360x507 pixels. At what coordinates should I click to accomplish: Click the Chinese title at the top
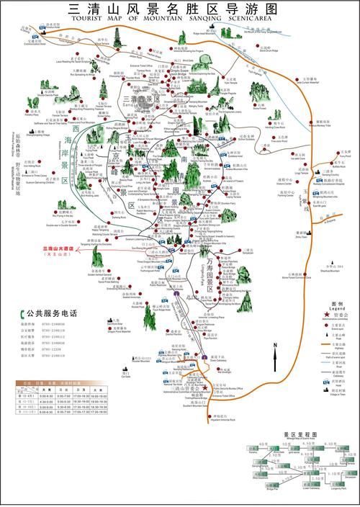[173, 9]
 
